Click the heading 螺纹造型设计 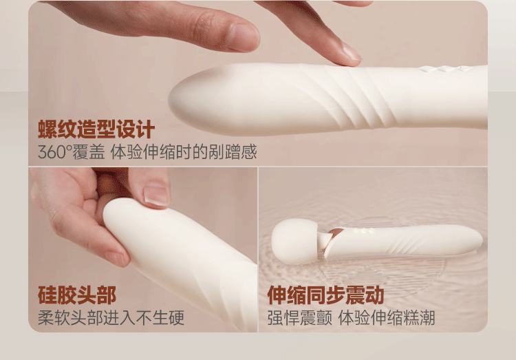point(96,129)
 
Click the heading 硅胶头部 point(77,295)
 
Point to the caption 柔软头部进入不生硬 point(111,318)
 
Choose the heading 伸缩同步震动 point(325,295)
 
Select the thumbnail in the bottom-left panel point(156,194)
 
